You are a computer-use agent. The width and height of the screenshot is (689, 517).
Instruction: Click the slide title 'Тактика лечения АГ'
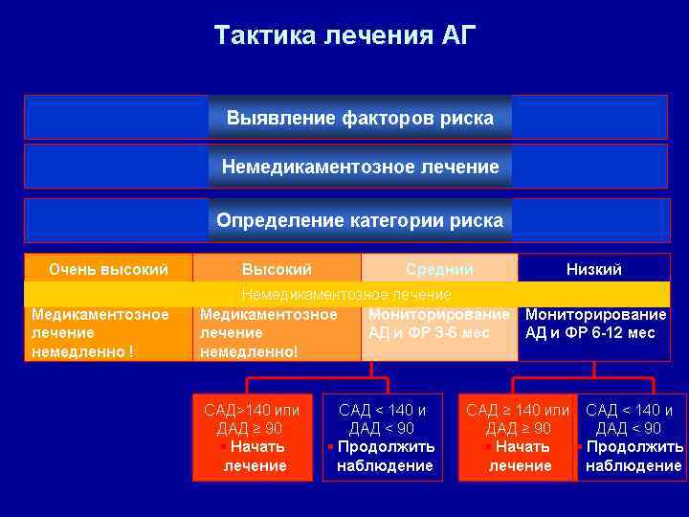(x=344, y=36)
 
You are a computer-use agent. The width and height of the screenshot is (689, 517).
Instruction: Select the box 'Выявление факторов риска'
(x=360, y=119)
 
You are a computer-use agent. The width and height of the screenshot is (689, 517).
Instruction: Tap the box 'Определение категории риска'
(x=360, y=220)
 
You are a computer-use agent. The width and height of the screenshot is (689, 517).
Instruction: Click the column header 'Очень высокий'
(x=108, y=269)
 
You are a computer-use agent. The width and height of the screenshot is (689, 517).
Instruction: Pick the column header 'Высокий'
(x=277, y=269)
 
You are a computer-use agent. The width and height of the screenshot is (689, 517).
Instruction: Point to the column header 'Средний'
(x=439, y=270)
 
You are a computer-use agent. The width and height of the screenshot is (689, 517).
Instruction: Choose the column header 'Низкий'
(x=593, y=269)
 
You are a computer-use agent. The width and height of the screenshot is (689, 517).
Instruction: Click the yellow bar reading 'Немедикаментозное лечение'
(x=346, y=294)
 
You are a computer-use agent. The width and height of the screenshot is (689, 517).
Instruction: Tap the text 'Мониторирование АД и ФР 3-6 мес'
(x=438, y=324)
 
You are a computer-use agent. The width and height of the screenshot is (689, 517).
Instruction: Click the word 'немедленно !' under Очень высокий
(x=82, y=351)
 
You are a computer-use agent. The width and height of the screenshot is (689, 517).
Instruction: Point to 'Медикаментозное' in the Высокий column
(x=268, y=314)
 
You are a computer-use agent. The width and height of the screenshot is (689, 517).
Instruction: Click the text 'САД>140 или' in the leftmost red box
(x=252, y=410)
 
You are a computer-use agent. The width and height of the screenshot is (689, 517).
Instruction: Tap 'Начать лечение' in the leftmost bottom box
(x=256, y=456)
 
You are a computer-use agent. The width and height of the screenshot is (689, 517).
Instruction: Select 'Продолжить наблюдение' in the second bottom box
(x=385, y=456)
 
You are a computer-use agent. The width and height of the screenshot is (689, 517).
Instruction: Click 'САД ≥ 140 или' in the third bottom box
(x=518, y=410)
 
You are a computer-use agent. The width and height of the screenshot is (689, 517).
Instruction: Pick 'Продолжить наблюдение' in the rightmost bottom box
(x=634, y=456)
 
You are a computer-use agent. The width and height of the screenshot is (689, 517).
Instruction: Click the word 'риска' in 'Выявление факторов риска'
(x=467, y=119)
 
